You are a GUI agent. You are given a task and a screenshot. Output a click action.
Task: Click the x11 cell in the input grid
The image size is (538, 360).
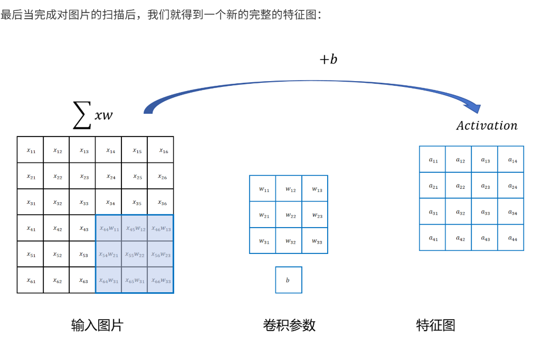[x=30, y=150]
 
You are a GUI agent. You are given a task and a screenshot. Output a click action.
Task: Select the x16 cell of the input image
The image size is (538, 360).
[x=161, y=150]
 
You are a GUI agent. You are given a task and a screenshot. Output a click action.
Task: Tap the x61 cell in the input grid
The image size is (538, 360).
[x=30, y=280]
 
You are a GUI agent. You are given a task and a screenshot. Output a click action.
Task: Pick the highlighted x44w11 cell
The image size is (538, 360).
[x=109, y=228]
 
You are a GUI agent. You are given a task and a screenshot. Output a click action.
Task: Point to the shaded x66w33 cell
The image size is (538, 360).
[x=161, y=280]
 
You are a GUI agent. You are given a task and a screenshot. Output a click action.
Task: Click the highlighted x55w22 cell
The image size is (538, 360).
[x=134, y=254]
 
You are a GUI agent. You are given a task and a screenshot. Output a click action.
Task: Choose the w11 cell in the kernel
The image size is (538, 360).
[x=263, y=189]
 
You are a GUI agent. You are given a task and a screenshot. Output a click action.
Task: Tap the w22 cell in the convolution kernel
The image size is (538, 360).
[x=289, y=215]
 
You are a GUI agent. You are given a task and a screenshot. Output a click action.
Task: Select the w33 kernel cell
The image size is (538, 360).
[x=315, y=241]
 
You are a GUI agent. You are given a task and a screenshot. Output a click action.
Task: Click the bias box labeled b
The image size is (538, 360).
[x=288, y=280]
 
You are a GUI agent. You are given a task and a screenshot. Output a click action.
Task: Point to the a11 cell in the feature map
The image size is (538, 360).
[x=433, y=159]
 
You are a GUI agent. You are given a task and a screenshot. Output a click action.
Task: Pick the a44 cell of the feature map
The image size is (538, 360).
[x=511, y=237]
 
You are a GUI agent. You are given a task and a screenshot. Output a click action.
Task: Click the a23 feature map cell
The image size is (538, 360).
[x=485, y=185]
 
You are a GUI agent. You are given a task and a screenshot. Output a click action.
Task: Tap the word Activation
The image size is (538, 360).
[x=486, y=126]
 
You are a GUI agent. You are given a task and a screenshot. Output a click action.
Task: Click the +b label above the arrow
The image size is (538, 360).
[x=328, y=59]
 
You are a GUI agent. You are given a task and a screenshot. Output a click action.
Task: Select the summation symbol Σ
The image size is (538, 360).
[x=81, y=116]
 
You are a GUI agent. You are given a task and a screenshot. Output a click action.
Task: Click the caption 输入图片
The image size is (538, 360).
[x=97, y=325]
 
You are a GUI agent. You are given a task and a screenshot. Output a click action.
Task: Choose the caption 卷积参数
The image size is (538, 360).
[x=289, y=325]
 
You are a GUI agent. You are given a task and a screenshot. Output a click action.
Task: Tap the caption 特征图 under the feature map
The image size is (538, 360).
[x=436, y=325]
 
